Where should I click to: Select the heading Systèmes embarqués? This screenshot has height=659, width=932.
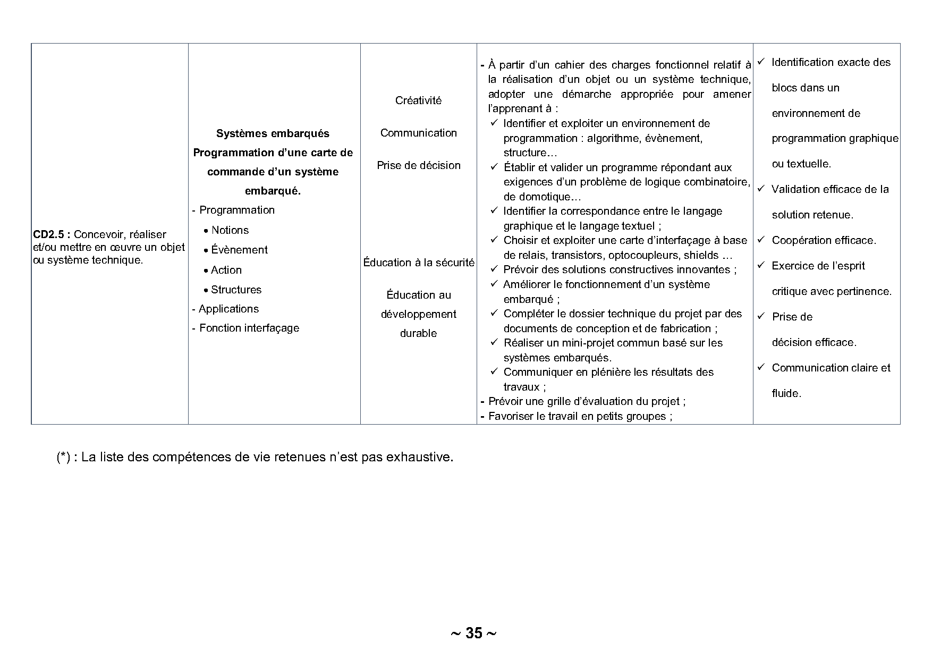pos(273,133)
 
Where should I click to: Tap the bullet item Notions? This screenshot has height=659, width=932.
pos(230,230)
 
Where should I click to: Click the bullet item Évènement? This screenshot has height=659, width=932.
pos(239,250)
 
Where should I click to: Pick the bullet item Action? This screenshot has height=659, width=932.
pos(226,270)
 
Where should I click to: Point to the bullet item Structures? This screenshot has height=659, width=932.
pos(236,290)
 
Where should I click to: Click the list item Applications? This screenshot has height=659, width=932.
pos(228,309)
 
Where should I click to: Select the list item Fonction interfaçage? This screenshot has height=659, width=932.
pos(249,328)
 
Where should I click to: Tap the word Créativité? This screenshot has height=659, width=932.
pos(418,100)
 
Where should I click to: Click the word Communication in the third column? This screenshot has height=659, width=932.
pos(418,133)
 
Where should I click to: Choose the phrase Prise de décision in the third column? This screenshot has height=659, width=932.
pos(418,165)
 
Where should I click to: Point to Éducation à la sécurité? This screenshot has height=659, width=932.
pos(418,263)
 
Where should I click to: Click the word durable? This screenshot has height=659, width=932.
pos(418,333)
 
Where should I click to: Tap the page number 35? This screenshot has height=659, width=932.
pos(473,633)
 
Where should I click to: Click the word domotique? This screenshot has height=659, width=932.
pos(536,197)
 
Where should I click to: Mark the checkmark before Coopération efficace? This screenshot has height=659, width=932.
pos(760,240)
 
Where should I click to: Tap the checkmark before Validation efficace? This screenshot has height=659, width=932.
pos(760,189)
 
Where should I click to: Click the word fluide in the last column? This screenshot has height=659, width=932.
pos(785,393)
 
